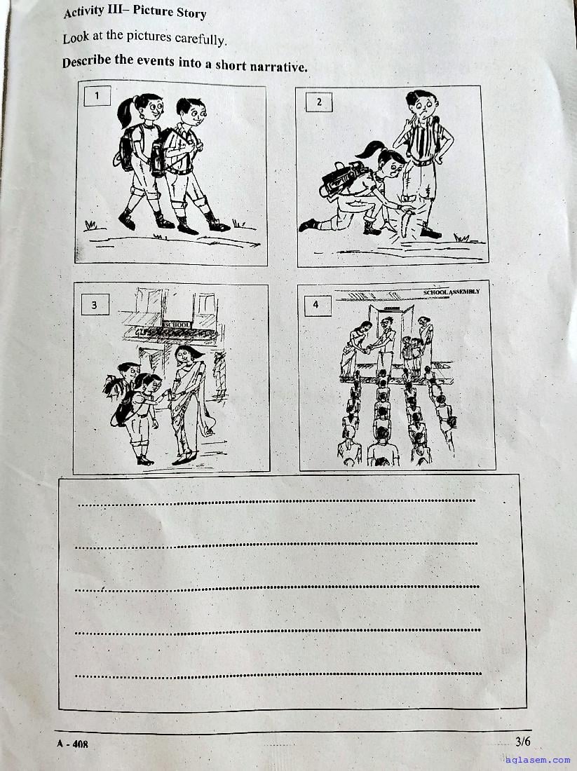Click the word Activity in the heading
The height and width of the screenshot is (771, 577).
[x=83, y=11]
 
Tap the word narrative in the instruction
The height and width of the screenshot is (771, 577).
[x=278, y=67]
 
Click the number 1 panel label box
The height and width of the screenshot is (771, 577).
[x=97, y=95]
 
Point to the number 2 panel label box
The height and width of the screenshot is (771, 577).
[x=319, y=102]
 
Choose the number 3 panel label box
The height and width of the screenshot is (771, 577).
[x=95, y=305]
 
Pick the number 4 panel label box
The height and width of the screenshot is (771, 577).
[x=315, y=305]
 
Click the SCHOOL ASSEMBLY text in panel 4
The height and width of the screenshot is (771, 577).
[x=451, y=292]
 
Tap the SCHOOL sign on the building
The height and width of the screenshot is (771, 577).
[x=177, y=325]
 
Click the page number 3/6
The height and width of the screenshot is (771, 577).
[x=523, y=741]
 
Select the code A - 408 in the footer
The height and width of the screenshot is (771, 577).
[x=72, y=744]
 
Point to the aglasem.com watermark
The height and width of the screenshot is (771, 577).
[x=537, y=760]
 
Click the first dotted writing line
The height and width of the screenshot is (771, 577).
[x=276, y=503]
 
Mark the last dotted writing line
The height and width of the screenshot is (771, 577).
[x=278, y=674]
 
